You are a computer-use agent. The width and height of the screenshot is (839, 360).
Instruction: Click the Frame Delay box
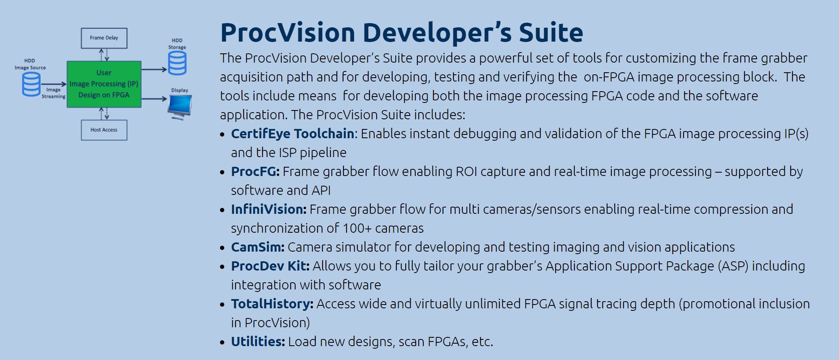104,38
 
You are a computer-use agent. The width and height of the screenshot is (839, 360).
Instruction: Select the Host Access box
104,130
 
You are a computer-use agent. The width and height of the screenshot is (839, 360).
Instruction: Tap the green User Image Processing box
104,84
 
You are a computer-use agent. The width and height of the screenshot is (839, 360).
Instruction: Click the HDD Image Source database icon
31,84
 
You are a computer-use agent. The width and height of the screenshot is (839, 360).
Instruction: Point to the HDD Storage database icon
177,63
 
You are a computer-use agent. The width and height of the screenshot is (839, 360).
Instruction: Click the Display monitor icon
180,106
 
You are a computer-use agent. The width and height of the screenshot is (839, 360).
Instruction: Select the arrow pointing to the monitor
154,99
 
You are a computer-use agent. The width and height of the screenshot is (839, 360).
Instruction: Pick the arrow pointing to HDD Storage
154,69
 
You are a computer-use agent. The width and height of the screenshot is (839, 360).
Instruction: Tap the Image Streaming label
53,93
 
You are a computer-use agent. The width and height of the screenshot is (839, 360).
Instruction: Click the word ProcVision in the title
288,32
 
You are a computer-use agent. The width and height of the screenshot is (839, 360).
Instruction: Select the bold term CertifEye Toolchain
292,134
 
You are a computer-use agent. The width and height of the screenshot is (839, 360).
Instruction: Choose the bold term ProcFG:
255,171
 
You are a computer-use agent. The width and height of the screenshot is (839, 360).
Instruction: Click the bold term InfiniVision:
268,209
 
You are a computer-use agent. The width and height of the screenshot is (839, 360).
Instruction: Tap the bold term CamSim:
257,247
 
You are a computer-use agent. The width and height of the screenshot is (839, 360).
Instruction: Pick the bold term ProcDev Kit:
270,266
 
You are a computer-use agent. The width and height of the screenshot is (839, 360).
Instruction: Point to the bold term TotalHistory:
272,304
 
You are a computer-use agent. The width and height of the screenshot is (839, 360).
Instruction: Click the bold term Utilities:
258,342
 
